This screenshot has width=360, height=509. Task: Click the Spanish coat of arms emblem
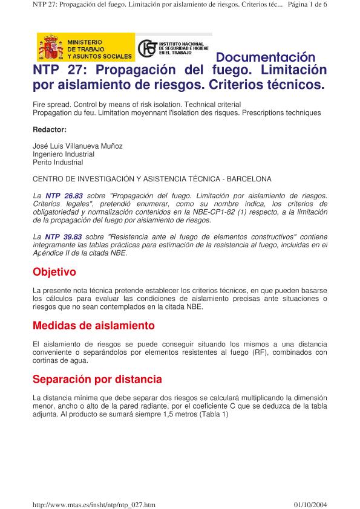click(51, 47)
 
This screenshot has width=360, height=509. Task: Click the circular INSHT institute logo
click(146, 48)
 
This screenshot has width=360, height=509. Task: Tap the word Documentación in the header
click(266, 58)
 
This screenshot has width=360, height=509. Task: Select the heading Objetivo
click(54, 272)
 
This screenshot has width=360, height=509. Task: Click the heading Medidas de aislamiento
click(94, 326)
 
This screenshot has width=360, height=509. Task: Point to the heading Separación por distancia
click(97, 380)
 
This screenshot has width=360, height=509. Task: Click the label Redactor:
click(50, 130)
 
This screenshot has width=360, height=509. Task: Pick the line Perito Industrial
click(58, 163)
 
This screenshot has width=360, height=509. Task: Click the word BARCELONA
click(249, 179)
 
